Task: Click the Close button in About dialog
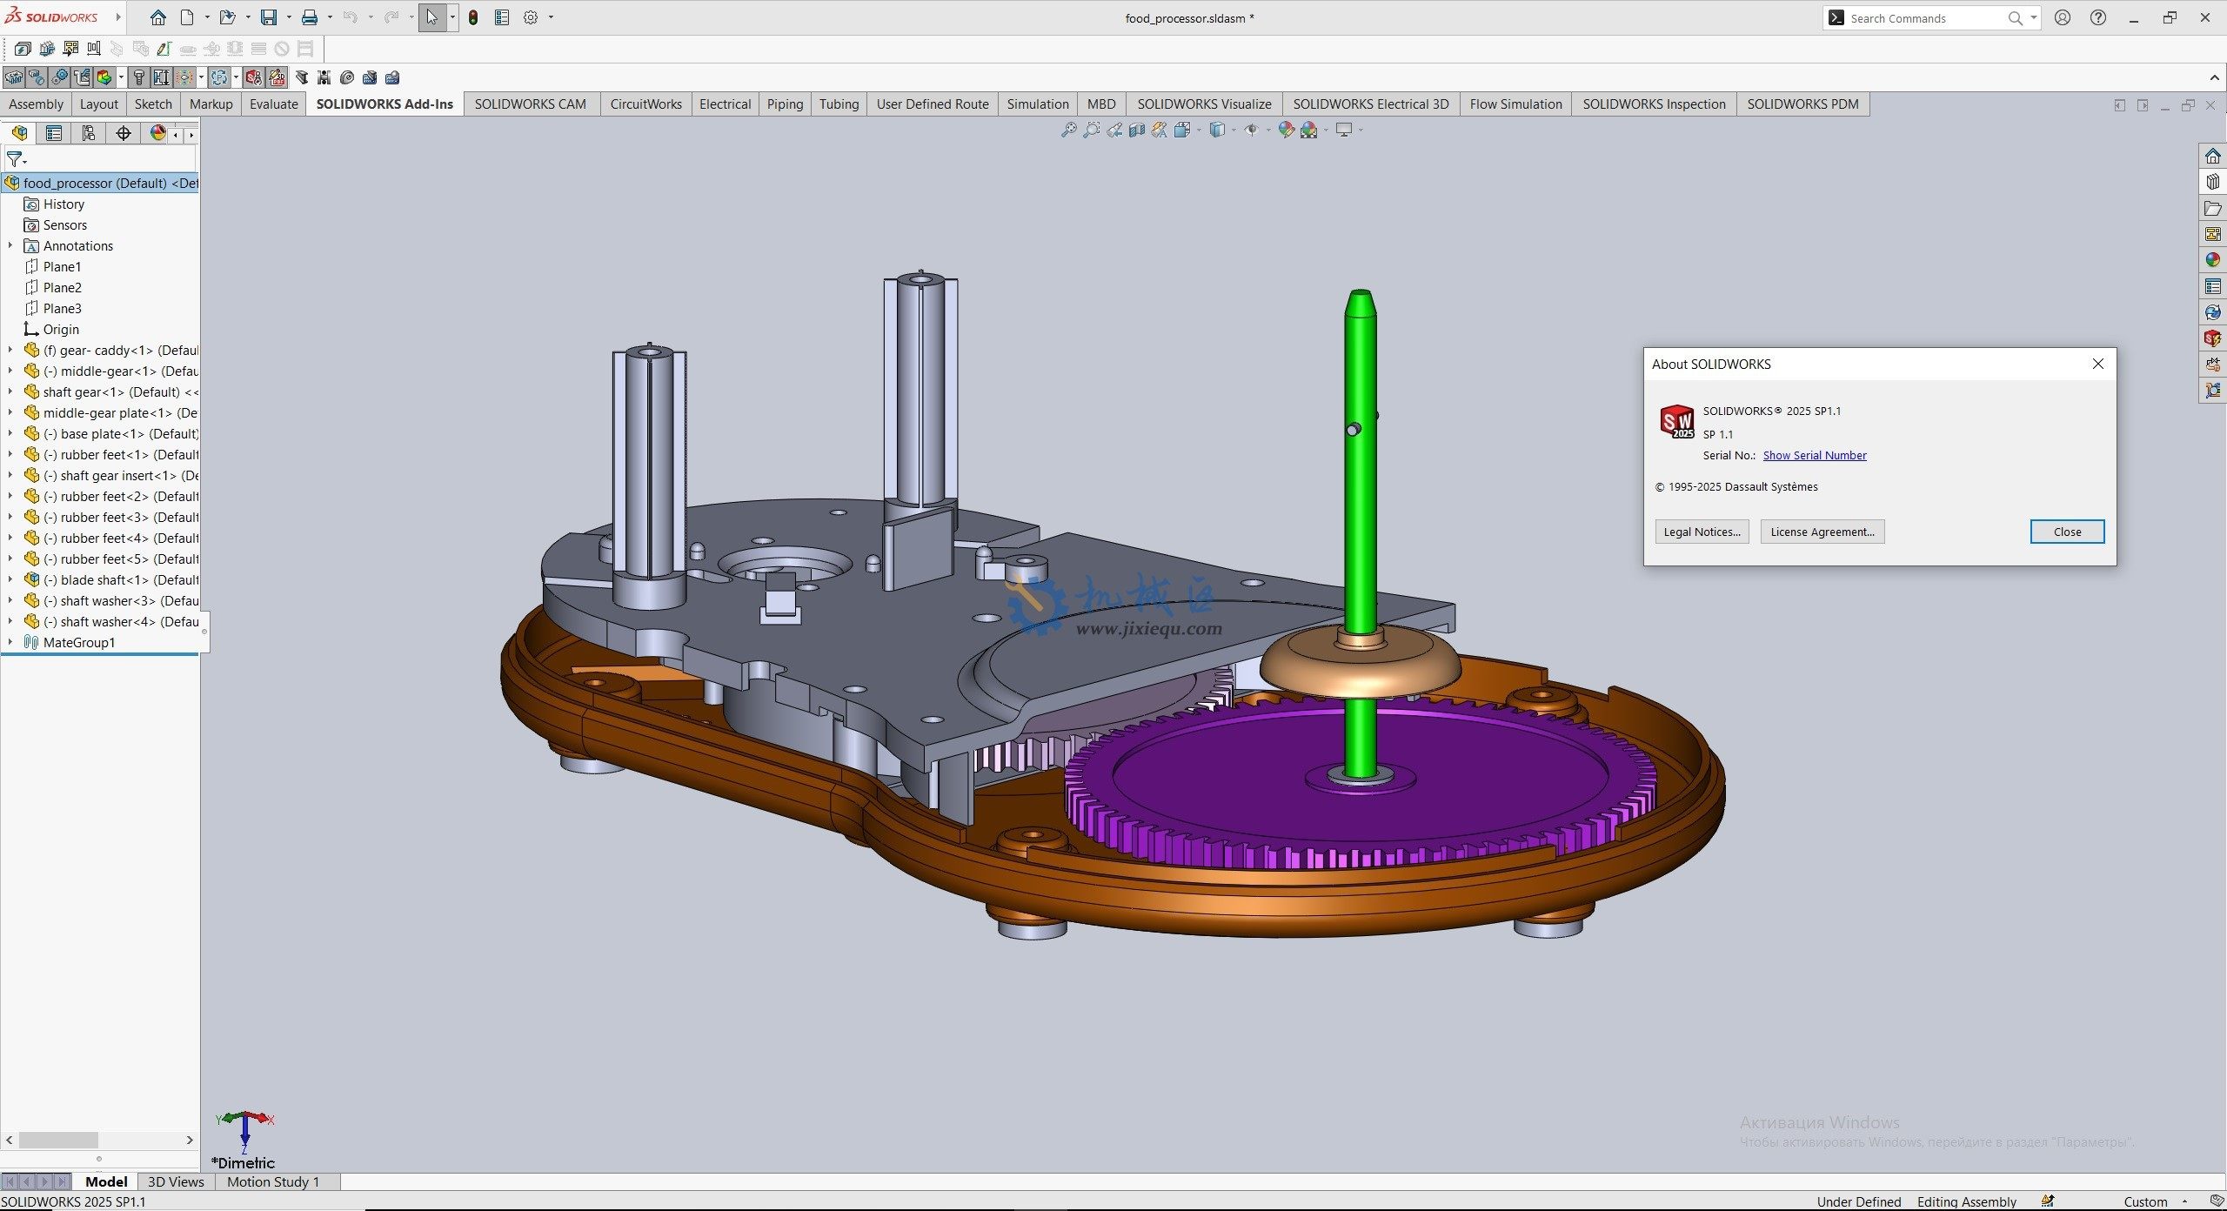2066,532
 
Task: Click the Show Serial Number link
1814,455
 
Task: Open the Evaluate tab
273,104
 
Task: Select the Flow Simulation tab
1515,104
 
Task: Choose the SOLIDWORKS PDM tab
1802,104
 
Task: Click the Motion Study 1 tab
273,1181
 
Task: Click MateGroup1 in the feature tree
78,642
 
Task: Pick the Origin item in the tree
61,329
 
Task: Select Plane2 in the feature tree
62,287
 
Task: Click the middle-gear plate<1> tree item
109,412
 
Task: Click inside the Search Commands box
1923,18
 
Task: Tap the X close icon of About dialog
2097,364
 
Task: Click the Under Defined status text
1858,1201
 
